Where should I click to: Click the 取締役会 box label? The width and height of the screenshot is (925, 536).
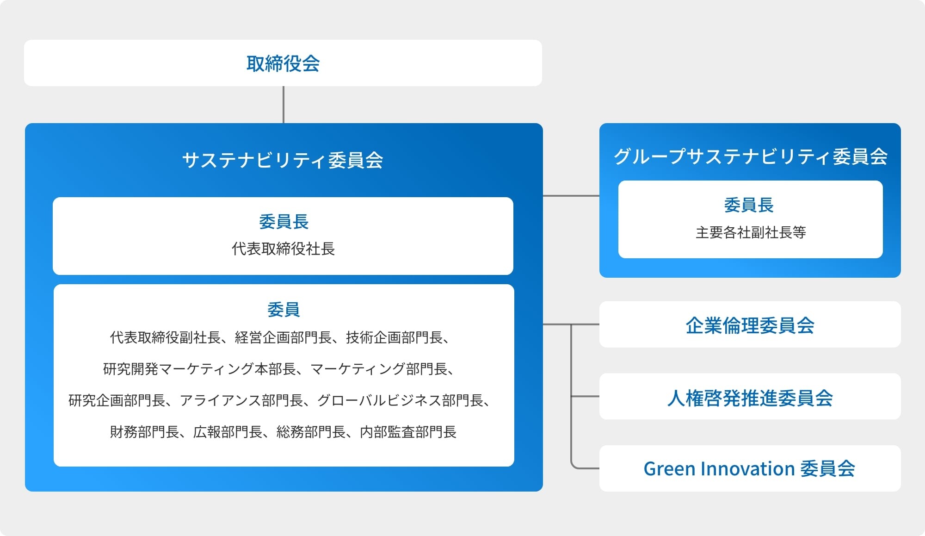(x=283, y=63)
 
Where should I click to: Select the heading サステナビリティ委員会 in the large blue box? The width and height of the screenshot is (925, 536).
(x=283, y=160)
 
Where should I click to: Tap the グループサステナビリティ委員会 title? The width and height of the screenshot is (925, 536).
(x=750, y=156)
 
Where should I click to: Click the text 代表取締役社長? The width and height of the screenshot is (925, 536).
(x=283, y=249)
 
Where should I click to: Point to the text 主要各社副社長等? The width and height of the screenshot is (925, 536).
(x=751, y=232)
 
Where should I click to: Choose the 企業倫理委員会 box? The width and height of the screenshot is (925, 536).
(x=750, y=324)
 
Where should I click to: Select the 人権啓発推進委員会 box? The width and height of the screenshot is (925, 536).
(x=750, y=397)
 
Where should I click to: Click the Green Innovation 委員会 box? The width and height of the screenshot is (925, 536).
(x=750, y=468)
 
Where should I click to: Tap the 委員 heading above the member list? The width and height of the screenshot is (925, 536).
(x=284, y=309)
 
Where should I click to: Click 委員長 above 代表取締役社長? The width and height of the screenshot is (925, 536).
(x=284, y=222)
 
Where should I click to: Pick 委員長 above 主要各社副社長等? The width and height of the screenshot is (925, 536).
(x=749, y=205)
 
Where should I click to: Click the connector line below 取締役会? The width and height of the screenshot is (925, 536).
(x=284, y=105)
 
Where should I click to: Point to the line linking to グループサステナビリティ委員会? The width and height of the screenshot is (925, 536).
(x=571, y=196)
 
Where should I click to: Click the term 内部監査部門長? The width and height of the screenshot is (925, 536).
(x=408, y=432)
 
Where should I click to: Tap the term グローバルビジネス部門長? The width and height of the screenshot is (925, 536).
(x=401, y=400)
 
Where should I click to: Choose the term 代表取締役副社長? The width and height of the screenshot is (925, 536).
(x=166, y=337)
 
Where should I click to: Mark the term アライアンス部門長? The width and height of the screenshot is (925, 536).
(x=241, y=400)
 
